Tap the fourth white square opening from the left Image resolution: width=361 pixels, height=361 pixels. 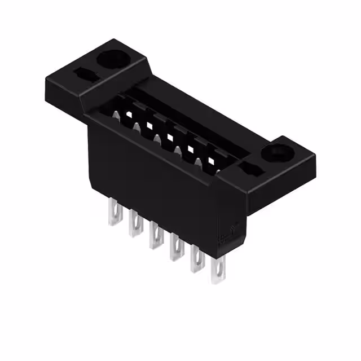pyautogui.click(x=191, y=149)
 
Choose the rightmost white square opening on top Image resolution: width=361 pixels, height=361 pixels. pyautogui.click(x=211, y=161)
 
